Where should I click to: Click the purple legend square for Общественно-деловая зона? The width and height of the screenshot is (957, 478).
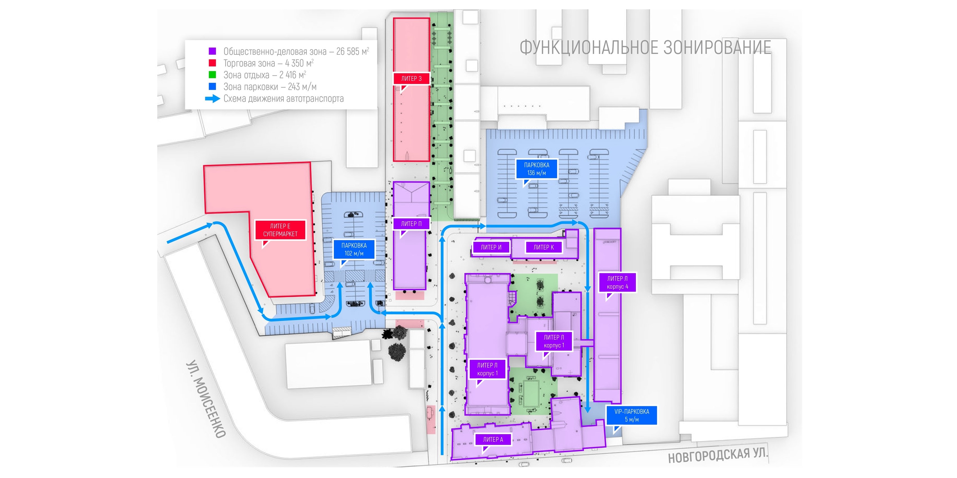click(212, 51)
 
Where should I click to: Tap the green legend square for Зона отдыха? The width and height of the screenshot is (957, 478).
click(212, 74)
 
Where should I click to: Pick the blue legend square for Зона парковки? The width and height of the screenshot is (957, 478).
click(212, 87)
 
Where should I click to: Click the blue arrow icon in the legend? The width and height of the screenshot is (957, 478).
click(212, 99)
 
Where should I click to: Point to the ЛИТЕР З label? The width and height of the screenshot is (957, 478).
click(411, 79)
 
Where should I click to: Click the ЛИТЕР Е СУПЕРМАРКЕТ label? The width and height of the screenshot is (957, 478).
click(280, 230)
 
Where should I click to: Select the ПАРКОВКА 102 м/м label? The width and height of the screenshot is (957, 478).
click(354, 249)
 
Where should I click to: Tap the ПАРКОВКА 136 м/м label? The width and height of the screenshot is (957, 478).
click(536, 169)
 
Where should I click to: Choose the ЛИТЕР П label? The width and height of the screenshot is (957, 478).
click(411, 224)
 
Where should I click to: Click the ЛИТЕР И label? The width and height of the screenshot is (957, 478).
click(491, 247)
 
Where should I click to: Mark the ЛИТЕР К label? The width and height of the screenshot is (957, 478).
click(543, 247)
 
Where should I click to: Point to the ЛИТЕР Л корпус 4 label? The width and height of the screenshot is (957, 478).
click(617, 282)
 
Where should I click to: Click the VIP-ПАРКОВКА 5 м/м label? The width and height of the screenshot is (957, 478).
click(632, 415)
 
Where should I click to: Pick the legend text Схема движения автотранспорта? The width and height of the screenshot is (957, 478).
click(284, 99)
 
